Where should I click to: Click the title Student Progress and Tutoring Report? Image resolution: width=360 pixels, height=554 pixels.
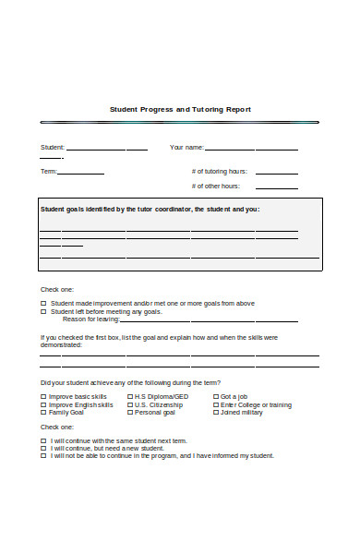[180, 109]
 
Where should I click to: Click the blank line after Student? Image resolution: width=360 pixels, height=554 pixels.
[106, 149]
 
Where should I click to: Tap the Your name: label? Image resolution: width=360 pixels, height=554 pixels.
[186, 148]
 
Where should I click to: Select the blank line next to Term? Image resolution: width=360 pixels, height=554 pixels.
[81, 172]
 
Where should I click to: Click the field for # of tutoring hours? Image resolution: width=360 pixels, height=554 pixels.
[276, 172]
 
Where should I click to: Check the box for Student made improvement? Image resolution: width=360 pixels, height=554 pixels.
[43, 304]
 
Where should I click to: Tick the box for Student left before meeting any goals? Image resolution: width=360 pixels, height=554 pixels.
[43, 312]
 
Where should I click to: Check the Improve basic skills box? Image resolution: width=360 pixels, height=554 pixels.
[43, 397]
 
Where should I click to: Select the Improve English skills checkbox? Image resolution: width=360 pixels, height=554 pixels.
[43, 405]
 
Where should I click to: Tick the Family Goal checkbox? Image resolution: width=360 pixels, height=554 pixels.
[43, 413]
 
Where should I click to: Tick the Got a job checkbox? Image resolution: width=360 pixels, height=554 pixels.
[216, 397]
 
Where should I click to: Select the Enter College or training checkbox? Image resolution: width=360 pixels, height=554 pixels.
[216, 405]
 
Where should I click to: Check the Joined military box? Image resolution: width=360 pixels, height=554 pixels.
[216, 413]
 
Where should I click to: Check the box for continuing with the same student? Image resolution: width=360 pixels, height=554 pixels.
[43, 441]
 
